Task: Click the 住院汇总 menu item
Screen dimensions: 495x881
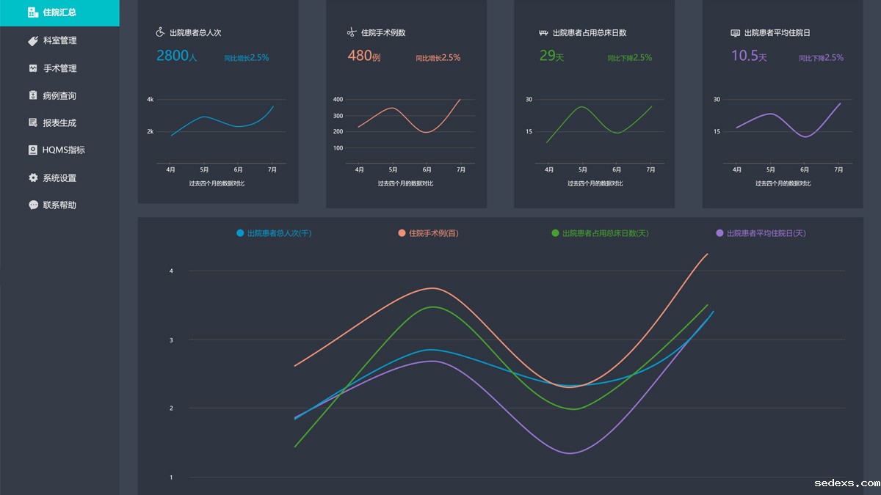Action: click(x=59, y=12)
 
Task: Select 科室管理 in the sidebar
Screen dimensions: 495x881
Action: click(x=59, y=40)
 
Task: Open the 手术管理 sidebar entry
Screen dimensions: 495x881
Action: click(x=59, y=68)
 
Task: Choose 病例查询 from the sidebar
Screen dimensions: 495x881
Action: click(x=59, y=95)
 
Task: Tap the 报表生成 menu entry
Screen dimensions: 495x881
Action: click(x=59, y=122)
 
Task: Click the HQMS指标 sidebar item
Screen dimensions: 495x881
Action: click(x=63, y=150)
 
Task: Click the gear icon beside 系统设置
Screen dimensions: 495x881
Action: click(x=33, y=177)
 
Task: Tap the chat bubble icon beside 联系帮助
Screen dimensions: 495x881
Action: click(x=33, y=205)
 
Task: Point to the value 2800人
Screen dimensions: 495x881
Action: click(x=177, y=56)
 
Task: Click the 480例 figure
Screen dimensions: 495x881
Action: click(x=364, y=56)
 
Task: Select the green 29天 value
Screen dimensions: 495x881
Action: click(x=551, y=56)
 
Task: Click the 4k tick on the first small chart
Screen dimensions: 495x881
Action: click(x=150, y=99)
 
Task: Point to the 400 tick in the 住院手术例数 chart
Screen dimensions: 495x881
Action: click(x=338, y=99)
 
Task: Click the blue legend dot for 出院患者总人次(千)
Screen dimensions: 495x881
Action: click(x=240, y=233)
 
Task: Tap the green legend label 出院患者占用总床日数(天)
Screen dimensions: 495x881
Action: click(x=605, y=233)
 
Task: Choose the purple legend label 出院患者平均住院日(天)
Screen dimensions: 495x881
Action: click(x=766, y=233)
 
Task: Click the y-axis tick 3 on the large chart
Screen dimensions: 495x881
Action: click(x=171, y=340)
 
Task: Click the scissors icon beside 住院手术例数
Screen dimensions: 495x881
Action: click(x=352, y=32)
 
